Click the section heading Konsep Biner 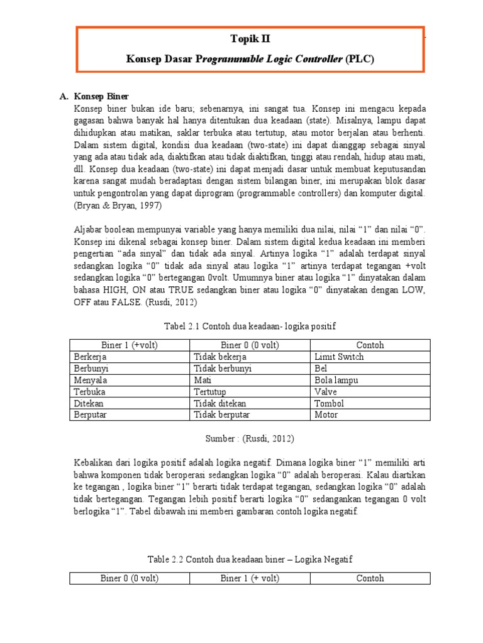click(x=101, y=96)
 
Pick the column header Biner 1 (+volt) click(x=129, y=345)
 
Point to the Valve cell click(x=326, y=391)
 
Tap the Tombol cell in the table click(x=329, y=403)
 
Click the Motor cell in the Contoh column click(x=326, y=414)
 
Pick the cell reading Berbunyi click(x=91, y=369)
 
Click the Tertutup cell click(x=211, y=391)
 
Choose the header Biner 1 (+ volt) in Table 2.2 click(x=250, y=578)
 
